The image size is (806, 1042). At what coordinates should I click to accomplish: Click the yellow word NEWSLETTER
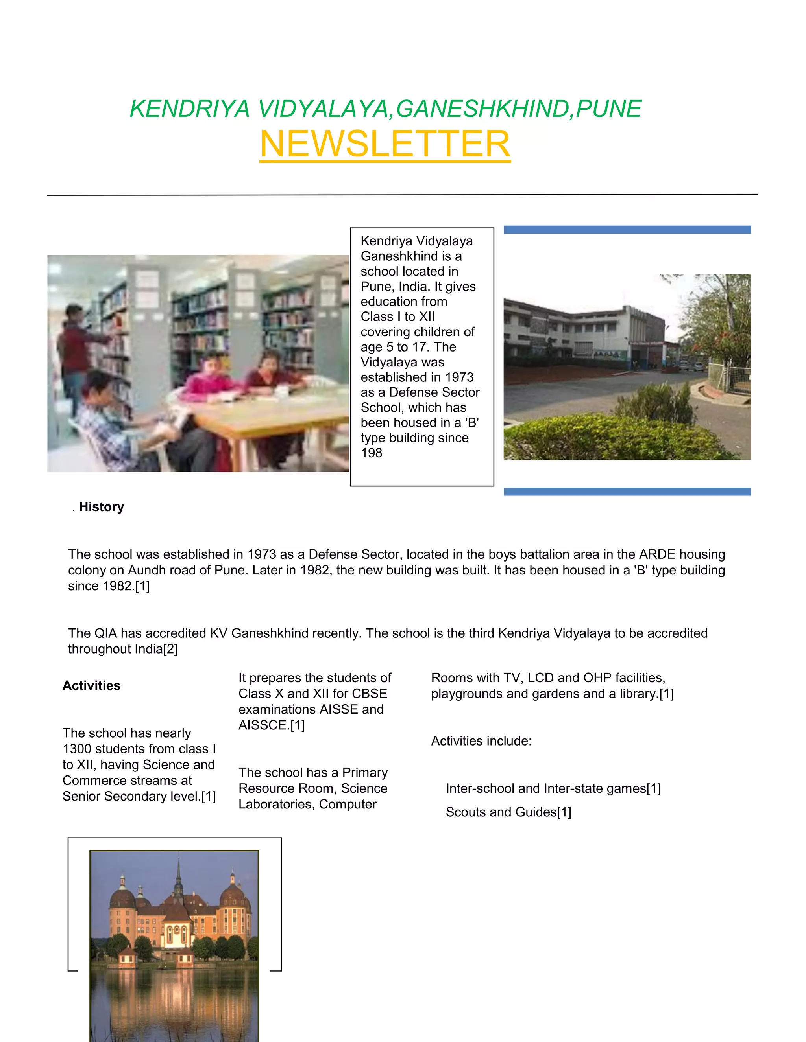pyautogui.click(x=385, y=144)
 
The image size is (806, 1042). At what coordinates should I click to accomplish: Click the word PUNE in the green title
pyautogui.click(x=608, y=109)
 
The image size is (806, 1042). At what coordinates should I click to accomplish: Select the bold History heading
pyautogui.click(x=101, y=507)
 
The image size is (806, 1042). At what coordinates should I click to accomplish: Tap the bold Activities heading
pyautogui.click(x=91, y=686)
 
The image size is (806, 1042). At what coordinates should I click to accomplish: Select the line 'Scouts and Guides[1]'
pyautogui.click(x=508, y=812)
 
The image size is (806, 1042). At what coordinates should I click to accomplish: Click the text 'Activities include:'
pyautogui.click(x=481, y=741)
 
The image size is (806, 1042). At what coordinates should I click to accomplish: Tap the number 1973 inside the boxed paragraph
pyautogui.click(x=459, y=377)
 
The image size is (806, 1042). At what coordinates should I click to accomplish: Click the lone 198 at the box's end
pyautogui.click(x=372, y=453)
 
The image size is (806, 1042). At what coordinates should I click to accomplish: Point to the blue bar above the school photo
pyautogui.click(x=627, y=230)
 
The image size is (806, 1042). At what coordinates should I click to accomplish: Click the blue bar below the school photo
pyautogui.click(x=627, y=492)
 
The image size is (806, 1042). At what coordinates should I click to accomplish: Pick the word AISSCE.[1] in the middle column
pyautogui.click(x=271, y=725)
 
